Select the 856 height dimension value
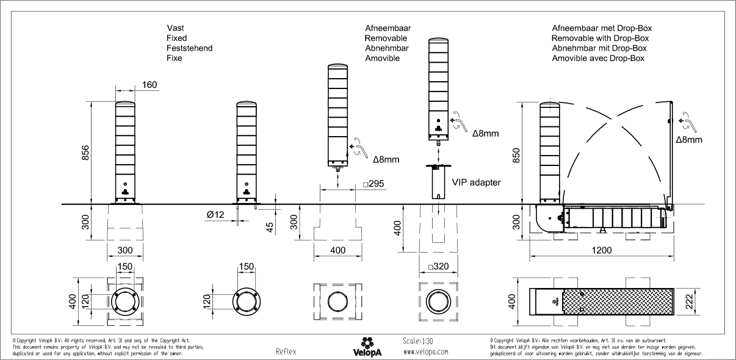click(x=85, y=154)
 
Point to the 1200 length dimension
click(x=601, y=250)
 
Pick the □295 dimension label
click(x=374, y=184)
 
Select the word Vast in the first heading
click(x=175, y=28)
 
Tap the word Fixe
click(x=175, y=59)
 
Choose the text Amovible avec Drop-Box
click(x=597, y=59)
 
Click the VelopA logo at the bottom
click(x=367, y=347)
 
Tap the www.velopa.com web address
click(x=425, y=352)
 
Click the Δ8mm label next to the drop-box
click(x=689, y=140)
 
